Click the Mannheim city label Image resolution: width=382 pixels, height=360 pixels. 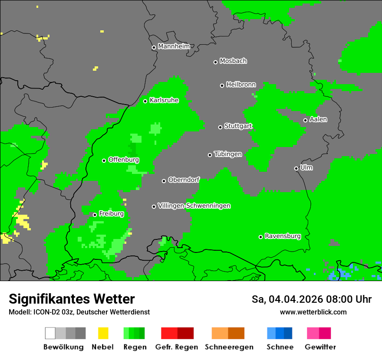pyautogui.click(x=174, y=46)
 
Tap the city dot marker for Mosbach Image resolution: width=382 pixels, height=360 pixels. pyautogui.click(x=215, y=62)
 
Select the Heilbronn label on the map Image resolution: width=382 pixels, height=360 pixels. pyautogui.click(x=241, y=85)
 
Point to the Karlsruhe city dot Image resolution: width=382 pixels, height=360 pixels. pyautogui.click(x=145, y=101)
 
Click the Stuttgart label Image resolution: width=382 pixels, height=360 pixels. pyautogui.click(x=238, y=126)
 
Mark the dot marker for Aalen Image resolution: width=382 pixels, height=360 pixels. pyautogui.click(x=305, y=120)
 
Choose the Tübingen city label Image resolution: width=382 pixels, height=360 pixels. pyautogui.click(x=228, y=154)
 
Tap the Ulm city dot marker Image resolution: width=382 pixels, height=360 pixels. pyautogui.click(x=296, y=168)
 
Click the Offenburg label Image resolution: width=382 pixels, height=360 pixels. pyautogui.click(x=124, y=160)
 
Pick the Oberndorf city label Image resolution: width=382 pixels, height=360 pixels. pyautogui.click(x=184, y=180)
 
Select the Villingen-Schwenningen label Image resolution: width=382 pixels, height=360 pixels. pyautogui.click(x=194, y=206)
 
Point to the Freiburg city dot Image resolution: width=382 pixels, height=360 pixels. pyautogui.click(x=95, y=215)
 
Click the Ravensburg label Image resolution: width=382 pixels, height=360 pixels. pyautogui.click(x=283, y=236)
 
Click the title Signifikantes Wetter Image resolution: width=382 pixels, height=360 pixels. pyautogui.click(x=72, y=299)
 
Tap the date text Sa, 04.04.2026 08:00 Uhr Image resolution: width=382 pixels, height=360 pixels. pyautogui.click(x=311, y=299)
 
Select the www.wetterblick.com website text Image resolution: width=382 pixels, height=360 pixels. pyautogui.click(x=313, y=312)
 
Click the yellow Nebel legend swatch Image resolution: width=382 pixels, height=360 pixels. pyautogui.click(x=103, y=333)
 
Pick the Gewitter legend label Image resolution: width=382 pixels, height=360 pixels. pyautogui.click(x=320, y=347)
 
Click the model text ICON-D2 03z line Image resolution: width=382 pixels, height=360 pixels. pyautogui.click(x=79, y=312)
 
